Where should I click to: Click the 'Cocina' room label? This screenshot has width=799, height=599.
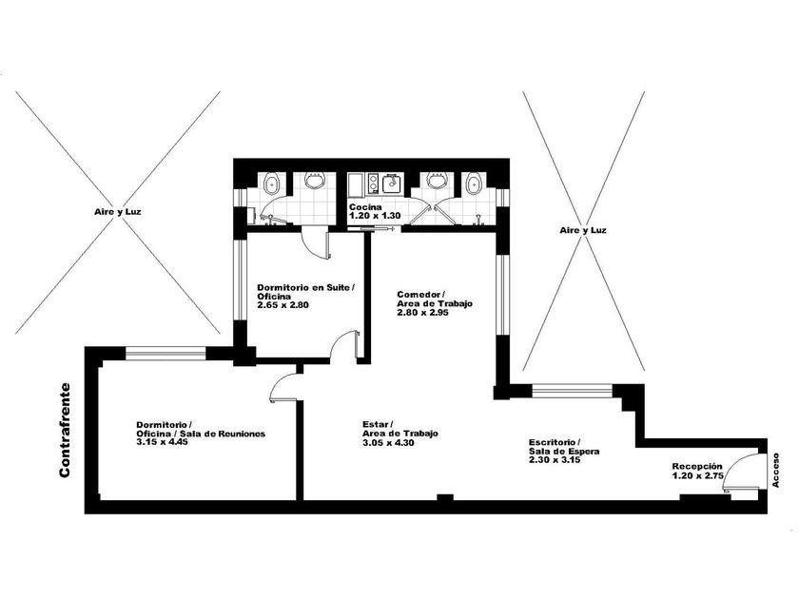tap(365, 207)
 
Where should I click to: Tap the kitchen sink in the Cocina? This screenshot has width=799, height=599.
tap(391, 183)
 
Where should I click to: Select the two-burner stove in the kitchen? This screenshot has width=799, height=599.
tap(373, 184)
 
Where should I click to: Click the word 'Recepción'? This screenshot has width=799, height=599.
tap(696, 466)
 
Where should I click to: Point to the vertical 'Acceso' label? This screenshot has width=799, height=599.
tap(775, 470)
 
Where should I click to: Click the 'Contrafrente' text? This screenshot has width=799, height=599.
tap(65, 431)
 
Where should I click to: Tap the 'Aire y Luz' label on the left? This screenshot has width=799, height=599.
tap(118, 212)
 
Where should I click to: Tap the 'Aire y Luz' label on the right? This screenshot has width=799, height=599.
tap(583, 230)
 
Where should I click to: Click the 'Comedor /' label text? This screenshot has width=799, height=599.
tap(420, 295)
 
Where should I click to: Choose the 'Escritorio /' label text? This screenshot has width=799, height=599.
tap(555, 442)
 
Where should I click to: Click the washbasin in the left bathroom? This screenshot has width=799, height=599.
tap(315, 181)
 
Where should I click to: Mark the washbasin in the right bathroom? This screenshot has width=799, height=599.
tap(438, 181)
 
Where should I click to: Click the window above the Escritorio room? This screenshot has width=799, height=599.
tap(572, 390)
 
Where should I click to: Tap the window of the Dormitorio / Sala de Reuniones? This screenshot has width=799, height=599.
tap(166, 353)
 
